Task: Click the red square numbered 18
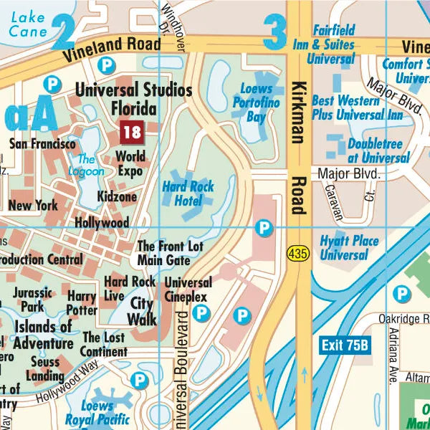click(132, 132)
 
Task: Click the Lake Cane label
click(28, 24)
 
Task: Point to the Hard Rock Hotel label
click(188, 193)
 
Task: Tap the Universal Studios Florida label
click(134, 99)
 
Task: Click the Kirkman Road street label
click(299, 147)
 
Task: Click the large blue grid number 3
click(275, 32)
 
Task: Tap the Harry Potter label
click(82, 303)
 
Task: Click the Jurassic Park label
click(32, 300)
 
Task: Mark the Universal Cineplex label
click(188, 290)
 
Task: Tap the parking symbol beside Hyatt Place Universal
click(265, 228)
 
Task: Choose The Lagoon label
click(91, 166)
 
